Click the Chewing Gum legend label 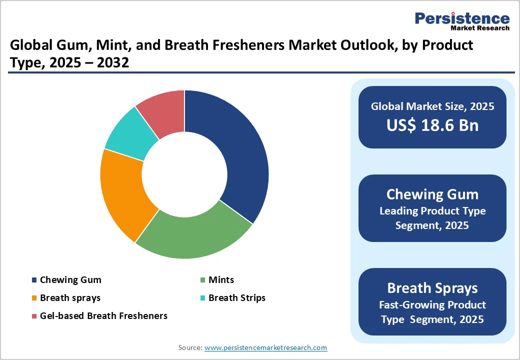pos(70,280)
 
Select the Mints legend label pos(221,280)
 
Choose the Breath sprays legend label pos(70,298)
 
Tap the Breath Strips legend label pos(237,298)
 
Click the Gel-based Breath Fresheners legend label pos(103,316)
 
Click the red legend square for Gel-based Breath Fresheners pos(34,316)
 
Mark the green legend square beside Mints pos(202,280)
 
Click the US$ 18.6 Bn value pos(432,125)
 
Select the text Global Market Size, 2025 pos(432,106)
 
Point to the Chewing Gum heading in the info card pos(432,194)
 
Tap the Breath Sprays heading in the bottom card pos(432,288)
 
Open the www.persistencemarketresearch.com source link pos(265,347)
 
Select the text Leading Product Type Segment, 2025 pos(432,218)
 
